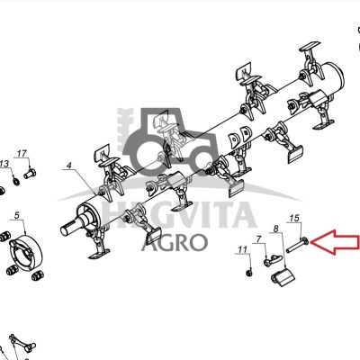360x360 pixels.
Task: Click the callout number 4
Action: (x=69, y=166)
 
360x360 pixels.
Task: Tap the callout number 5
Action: (x=17, y=215)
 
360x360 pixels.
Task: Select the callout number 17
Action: (x=22, y=154)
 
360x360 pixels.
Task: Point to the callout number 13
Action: (x=4, y=164)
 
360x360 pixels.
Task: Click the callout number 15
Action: (x=294, y=218)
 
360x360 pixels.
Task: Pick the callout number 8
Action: (x=276, y=229)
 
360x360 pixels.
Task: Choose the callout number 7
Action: (x=258, y=239)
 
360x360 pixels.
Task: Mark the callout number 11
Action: (x=242, y=249)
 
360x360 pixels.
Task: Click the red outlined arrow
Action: (x=335, y=242)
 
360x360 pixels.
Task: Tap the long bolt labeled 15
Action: (x=298, y=245)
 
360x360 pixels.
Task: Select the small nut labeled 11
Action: (x=248, y=273)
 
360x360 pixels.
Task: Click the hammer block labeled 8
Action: (x=283, y=278)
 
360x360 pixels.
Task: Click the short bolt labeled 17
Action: (x=30, y=174)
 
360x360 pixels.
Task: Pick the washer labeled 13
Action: (x=16, y=182)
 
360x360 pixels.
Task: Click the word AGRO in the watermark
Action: (x=175, y=242)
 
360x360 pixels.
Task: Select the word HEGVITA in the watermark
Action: (x=179, y=215)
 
